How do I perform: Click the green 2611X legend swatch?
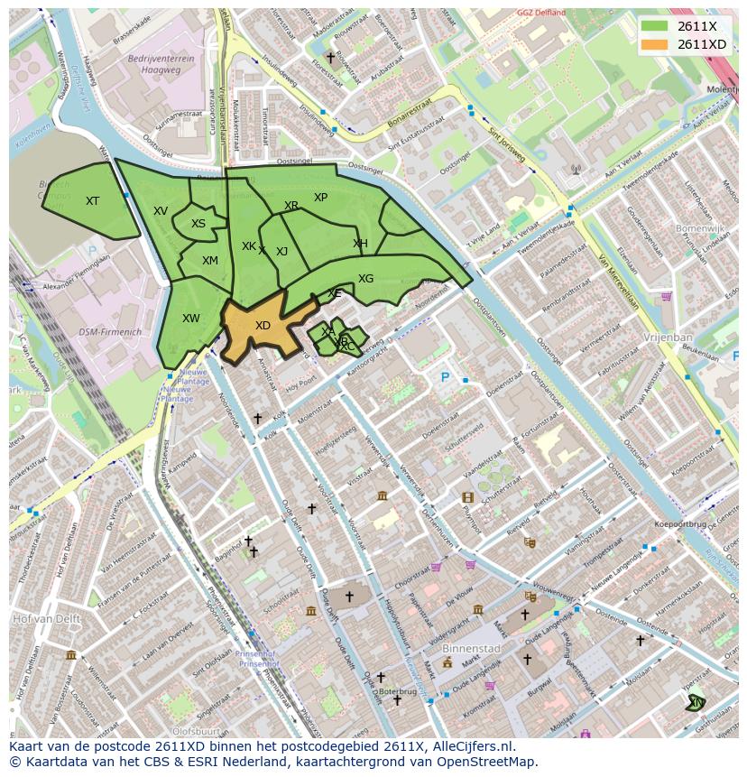[656, 26]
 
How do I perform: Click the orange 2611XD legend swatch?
[656, 44]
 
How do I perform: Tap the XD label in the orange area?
[263, 326]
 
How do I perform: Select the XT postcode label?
[92, 201]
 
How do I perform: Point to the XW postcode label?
[191, 319]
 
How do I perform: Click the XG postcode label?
[365, 279]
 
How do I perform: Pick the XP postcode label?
[320, 198]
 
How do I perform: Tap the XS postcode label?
[198, 224]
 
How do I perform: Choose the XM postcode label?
[210, 261]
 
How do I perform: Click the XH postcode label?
[360, 244]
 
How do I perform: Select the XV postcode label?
[161, 211]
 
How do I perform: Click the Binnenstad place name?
[470, 648]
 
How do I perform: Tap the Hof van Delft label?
[45, 620]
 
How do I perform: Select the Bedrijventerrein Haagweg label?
[162, 62]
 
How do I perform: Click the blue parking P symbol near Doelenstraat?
[444, 377]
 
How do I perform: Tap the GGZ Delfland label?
[541, 13]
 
